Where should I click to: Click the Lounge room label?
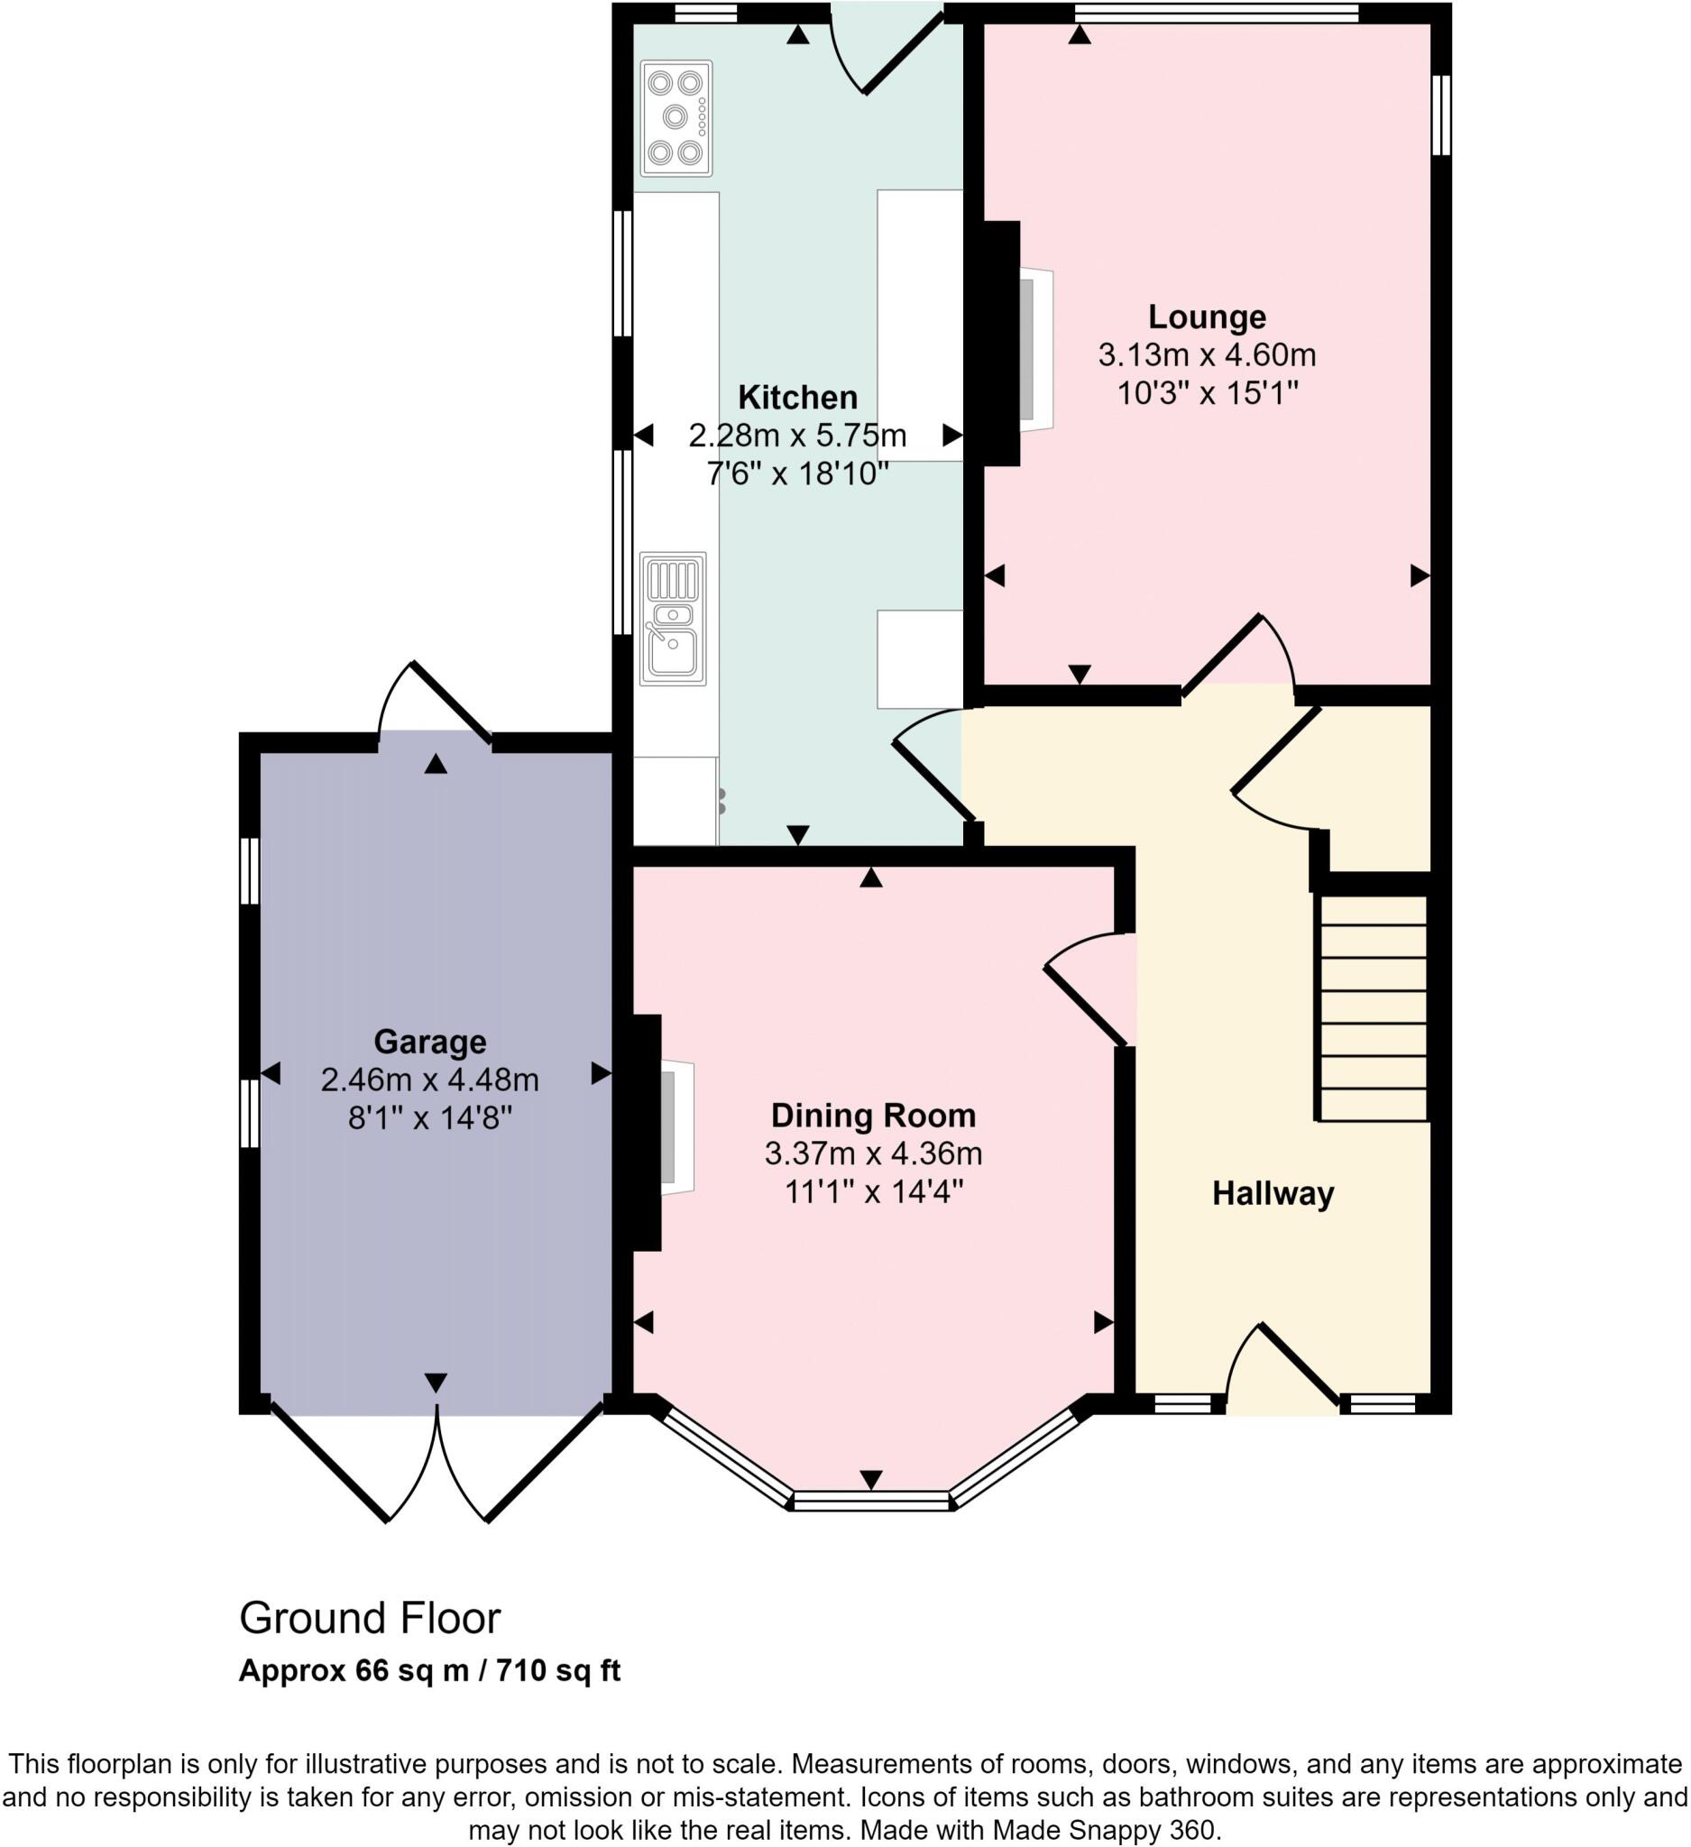point(1207,317)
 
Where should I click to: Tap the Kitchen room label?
point(797,397)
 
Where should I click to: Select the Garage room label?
point(429,1042)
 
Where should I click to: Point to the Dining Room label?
point(873,1115)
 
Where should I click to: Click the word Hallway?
point(1273,1193)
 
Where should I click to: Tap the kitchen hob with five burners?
point(676,117)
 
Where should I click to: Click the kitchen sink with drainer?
point(673,619)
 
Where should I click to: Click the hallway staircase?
point(1373,1007)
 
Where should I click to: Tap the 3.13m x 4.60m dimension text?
point(1207,354)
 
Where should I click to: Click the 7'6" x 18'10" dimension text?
point(797,473)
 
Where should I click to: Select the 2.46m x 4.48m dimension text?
point(429,1080)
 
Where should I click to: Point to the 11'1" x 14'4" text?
point(873,1192)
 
